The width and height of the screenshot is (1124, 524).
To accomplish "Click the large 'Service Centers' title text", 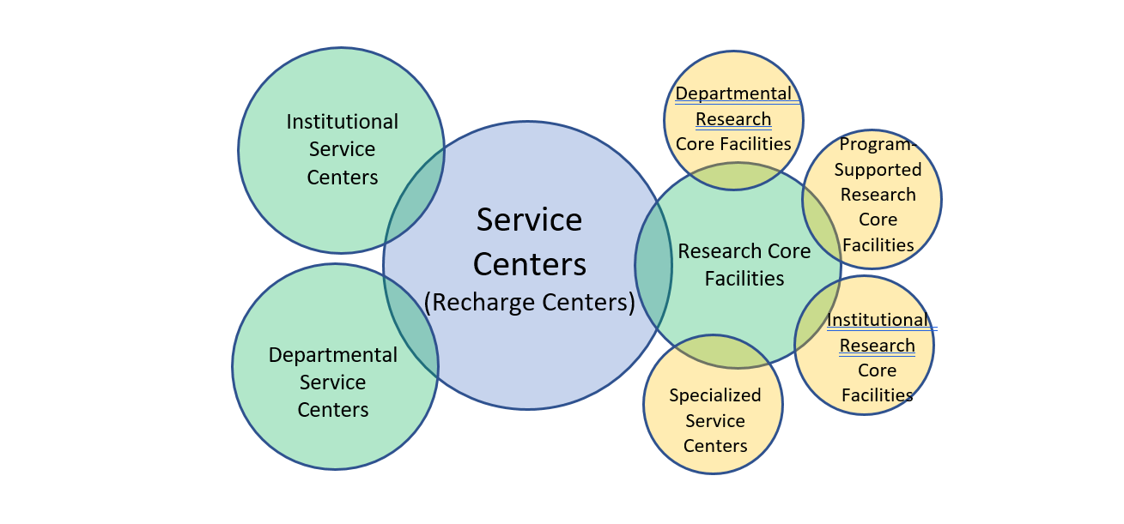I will (530, 242).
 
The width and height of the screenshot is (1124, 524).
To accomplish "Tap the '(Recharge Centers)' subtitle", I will (530, 303).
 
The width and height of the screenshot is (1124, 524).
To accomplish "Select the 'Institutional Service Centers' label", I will (343, 149).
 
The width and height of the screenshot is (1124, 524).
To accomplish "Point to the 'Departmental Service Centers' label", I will (333, 382).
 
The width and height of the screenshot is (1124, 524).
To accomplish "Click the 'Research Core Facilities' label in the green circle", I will (744, 265).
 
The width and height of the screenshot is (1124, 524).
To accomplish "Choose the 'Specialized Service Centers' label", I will (715, 420).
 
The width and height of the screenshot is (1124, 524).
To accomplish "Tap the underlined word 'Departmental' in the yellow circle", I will (733, 93).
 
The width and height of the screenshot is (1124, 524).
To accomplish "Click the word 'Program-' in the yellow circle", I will (878, 144).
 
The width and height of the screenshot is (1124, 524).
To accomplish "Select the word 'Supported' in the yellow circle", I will (878, 169).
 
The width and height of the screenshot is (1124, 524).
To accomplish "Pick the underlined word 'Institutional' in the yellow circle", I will (878, 320).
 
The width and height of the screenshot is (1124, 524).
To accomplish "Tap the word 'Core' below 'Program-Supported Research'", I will (878, 220).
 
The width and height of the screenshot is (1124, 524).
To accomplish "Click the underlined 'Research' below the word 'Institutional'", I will (878, 346).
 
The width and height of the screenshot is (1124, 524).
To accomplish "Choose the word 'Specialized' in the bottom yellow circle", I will (715, 395).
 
